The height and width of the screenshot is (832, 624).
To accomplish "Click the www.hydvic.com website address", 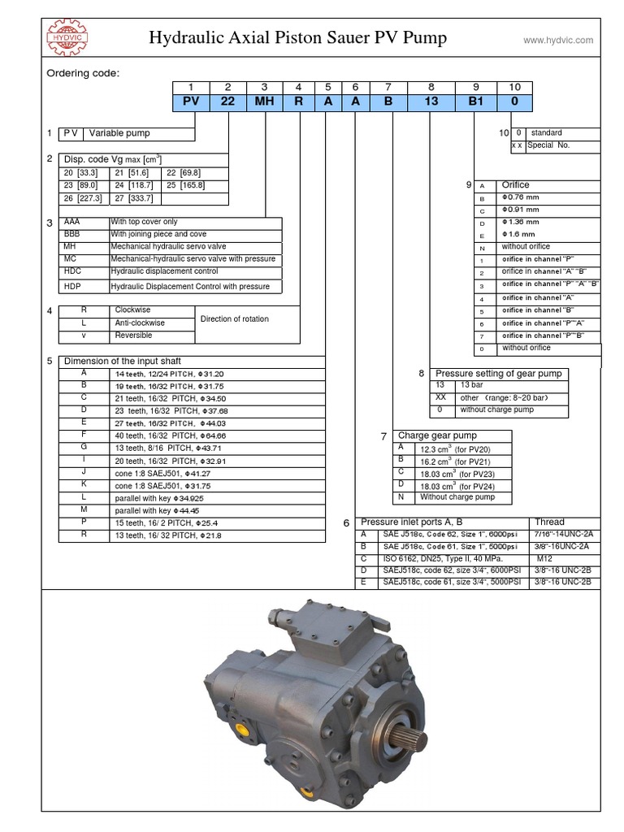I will [x=557, y=40].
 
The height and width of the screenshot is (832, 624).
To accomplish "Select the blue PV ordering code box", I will [x=191, y=102].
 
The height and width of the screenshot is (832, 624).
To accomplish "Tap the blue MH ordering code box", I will [x=264, y=102].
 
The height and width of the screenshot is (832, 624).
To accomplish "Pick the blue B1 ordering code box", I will [x=476, y=102].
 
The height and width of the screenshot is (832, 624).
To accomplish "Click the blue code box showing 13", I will [x=431, y=102].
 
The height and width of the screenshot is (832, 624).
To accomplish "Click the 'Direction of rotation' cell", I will [x=234, y=319].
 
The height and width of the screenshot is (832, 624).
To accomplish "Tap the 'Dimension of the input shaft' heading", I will [x=123, y=362].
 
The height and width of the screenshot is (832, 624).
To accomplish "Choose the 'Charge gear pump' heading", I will [x=437, y=436].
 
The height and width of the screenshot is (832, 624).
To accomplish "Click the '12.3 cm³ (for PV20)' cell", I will [x=454, y=449].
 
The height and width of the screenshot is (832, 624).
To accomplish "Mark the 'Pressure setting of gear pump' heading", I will [x=498, y=374].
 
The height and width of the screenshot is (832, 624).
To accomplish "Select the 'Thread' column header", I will [x=550, y=522].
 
